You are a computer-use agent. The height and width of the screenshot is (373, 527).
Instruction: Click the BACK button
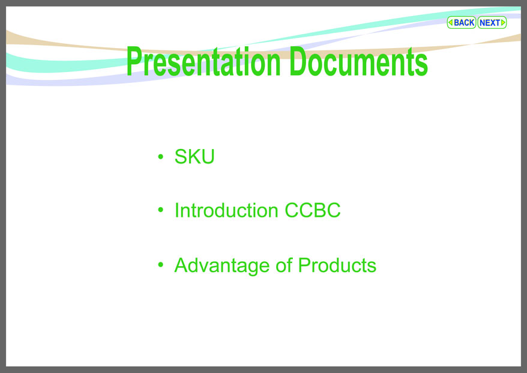tap(461, 23)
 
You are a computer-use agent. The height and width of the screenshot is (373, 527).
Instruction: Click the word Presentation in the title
tap(203, 62)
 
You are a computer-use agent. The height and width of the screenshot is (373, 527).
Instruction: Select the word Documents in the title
tap(358, 61)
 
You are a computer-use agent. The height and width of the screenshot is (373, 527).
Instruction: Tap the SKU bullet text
tap(194, 156)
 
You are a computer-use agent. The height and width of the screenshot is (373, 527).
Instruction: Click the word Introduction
tap(226, 210)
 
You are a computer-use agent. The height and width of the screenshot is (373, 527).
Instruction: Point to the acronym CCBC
tap(313, 210)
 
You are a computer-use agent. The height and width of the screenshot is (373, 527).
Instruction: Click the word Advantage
tap(222, 265)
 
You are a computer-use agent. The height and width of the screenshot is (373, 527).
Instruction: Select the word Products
tap(337, 265)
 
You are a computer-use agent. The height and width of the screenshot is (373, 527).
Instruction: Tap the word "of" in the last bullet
tap(284, 265)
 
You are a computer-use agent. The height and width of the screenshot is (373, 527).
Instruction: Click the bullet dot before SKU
tap(161, 156)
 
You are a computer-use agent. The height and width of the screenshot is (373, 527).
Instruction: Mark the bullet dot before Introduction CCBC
tap(161, 210)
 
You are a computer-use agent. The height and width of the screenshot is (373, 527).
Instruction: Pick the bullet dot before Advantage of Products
tap(161, 265)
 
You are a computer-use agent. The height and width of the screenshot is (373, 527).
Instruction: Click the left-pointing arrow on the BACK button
tap(450, 23)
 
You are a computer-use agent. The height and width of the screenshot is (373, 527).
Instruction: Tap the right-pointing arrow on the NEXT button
tap(503, 23)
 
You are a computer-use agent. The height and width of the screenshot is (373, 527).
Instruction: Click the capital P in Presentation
tap(134, 61)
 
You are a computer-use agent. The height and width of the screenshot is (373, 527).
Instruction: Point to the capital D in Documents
tap(298, 61)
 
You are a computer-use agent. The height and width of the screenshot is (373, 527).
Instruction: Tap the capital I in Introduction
tap(177, 210)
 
